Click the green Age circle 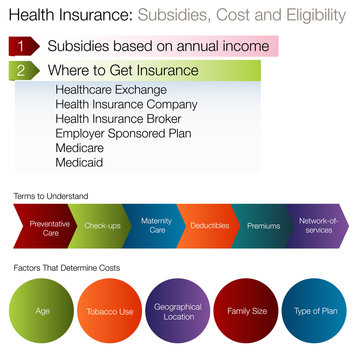43,311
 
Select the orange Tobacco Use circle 111,311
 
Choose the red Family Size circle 247,311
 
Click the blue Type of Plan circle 315,311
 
